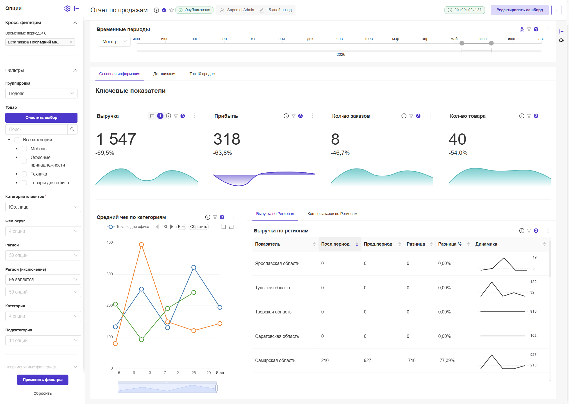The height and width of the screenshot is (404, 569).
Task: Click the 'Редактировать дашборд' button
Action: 519,10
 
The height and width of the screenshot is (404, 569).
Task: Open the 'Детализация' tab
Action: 165,74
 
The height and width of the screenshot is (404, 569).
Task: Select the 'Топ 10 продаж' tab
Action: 202,74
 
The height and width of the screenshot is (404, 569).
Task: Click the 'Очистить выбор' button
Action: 41,117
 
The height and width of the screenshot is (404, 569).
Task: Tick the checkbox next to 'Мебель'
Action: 24,149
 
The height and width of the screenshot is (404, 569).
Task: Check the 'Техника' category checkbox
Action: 24,174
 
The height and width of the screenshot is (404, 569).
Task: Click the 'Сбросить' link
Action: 43,393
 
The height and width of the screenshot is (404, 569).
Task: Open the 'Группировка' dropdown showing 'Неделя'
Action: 41,93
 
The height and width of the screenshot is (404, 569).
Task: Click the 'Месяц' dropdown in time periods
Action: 114,41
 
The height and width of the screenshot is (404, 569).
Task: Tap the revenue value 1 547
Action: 116,139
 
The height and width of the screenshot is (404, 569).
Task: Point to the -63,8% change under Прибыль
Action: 222,153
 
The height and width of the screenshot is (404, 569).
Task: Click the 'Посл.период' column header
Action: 335,244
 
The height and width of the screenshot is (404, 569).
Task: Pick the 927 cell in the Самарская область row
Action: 367,360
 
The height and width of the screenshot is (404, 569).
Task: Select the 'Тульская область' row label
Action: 273,288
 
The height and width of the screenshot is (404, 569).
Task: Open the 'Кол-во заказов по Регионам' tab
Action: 332,214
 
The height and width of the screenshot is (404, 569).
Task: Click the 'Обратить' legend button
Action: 199,227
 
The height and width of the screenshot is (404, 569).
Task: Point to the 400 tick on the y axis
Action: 110,243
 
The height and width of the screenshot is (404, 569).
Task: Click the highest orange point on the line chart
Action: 142,244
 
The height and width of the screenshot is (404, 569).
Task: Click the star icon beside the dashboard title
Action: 172,10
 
